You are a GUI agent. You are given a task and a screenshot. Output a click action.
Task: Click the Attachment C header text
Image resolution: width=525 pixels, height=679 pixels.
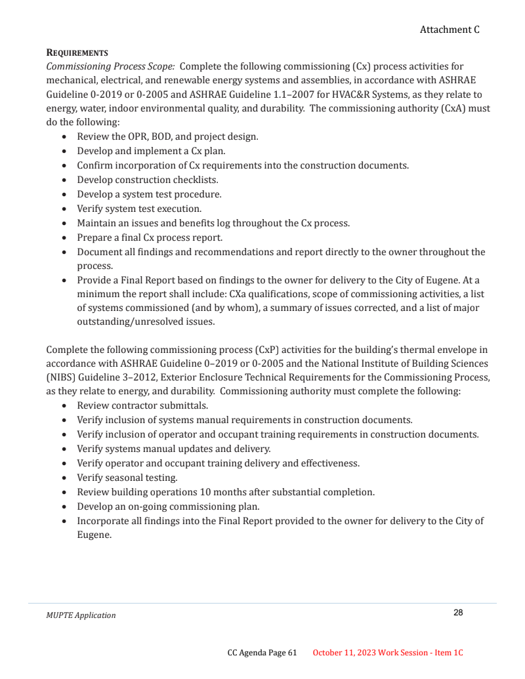coord(450,30)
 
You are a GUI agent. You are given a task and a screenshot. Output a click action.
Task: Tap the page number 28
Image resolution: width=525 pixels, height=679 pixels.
coord(458,613)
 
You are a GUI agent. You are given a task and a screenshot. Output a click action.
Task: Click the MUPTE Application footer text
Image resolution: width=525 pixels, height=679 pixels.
coord(81,615)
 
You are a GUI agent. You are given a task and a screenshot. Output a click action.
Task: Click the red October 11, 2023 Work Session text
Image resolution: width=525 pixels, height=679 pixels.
coord(388,653)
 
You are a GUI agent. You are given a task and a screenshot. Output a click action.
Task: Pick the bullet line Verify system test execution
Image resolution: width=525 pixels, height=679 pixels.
coord(139,209)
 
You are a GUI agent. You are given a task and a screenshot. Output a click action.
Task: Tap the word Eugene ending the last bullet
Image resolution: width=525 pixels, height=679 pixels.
coord(94,535)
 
